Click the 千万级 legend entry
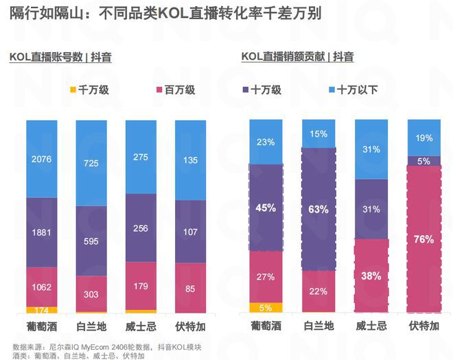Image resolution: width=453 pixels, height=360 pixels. [90, 90]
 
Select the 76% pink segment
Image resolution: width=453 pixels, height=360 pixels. [423, 239]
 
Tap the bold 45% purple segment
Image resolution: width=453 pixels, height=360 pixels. [266, 208]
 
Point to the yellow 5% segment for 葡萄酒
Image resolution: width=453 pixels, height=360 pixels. [266, 307]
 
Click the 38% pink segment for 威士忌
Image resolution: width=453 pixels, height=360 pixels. [371, 276]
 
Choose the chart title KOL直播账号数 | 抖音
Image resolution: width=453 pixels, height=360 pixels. [60, 58]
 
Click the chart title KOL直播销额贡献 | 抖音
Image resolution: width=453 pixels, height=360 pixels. [297, 58]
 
